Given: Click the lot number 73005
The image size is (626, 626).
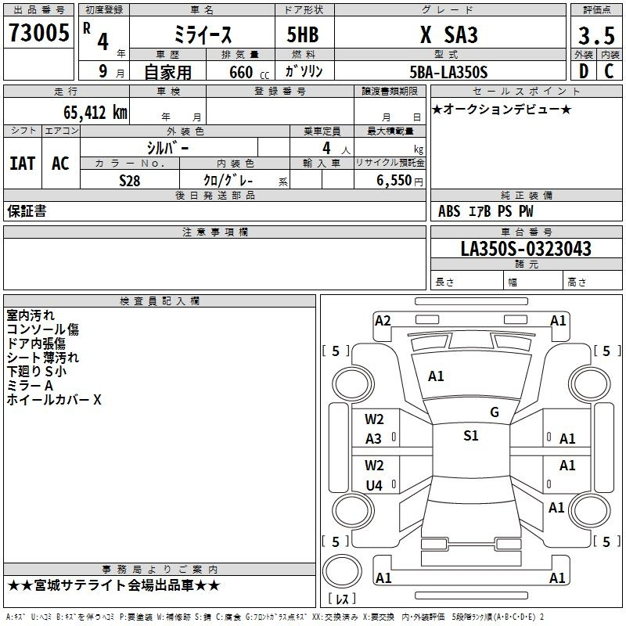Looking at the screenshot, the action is [39, 32].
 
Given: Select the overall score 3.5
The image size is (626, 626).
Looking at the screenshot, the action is [596, 35].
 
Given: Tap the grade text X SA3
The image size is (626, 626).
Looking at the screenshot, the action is [448, 34].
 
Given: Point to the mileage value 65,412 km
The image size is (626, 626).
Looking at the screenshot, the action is [95, 112].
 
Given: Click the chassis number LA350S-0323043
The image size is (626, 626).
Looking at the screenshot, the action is [526, 248].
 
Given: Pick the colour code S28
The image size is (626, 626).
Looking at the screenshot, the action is [130, 181].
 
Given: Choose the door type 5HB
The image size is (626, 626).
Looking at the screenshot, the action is [303, 34].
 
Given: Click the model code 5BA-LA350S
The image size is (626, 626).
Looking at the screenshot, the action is [448, 72].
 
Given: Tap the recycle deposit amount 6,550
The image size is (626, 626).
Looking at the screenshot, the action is [394, 180].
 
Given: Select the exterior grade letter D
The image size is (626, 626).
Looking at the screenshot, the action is [584, 71].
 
